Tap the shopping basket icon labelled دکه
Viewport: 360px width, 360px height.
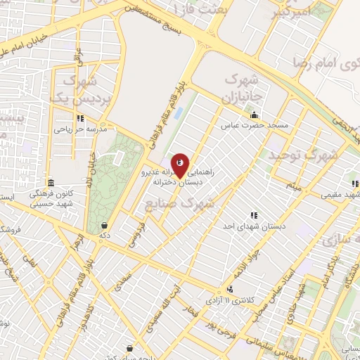[x=105, y=226]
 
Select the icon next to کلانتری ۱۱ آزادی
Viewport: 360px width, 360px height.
[x=231, y=289]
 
